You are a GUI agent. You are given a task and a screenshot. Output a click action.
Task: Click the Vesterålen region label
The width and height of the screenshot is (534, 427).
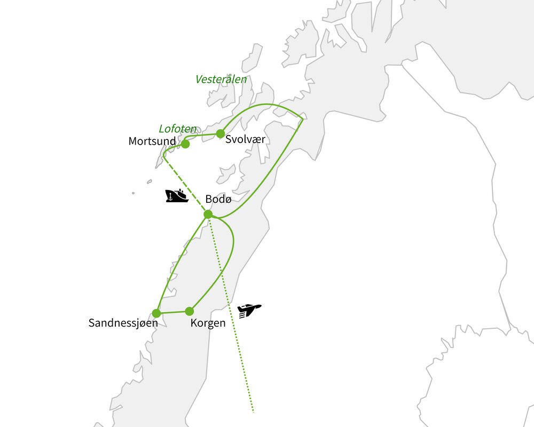click(221, 80)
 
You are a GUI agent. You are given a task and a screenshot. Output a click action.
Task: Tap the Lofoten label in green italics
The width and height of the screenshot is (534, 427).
click(178, 129)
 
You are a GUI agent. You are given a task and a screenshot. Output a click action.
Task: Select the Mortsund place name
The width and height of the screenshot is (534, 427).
click(152, 141)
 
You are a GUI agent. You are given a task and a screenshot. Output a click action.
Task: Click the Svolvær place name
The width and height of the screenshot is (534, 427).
click(245, 139)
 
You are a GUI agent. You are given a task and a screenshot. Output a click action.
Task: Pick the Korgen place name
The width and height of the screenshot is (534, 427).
click(208, 323)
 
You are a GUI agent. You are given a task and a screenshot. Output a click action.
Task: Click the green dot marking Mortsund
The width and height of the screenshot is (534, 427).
click(185, 144)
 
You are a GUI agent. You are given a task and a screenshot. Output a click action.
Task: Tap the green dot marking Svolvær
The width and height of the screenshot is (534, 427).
click(220, 133)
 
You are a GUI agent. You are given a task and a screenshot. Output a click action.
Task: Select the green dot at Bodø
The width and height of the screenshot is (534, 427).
click(208, 214)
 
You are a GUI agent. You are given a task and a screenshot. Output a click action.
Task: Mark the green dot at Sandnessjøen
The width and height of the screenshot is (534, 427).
click(156, 313)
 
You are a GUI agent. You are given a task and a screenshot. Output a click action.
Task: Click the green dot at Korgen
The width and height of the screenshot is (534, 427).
click(189, 311)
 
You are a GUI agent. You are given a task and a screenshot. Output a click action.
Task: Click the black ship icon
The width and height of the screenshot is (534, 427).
click(177, 196)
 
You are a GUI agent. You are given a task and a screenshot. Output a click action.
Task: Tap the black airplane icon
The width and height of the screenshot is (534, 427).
click(249, 311)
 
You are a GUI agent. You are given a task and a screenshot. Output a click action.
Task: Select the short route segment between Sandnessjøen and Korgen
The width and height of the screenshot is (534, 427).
click(172, 312)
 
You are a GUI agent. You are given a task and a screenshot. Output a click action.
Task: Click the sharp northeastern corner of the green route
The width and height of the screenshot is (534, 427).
click(303, 118)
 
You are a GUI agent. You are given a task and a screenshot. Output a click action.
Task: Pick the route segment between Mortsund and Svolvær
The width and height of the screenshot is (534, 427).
click(203, 135)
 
